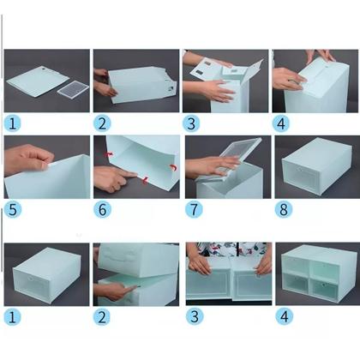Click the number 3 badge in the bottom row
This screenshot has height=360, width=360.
pyautogui.click(x=192, y=316)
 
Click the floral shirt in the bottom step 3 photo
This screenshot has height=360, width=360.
pyautogui.click(x=227, y=251)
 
